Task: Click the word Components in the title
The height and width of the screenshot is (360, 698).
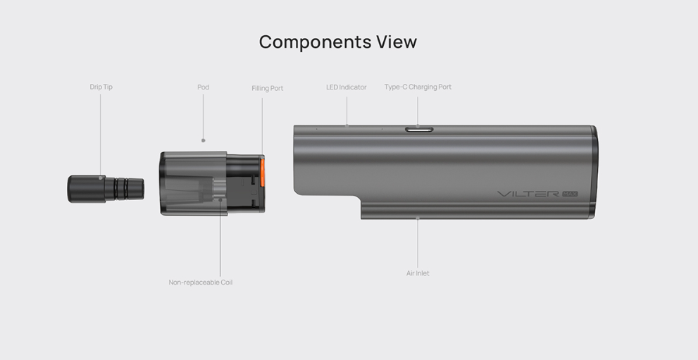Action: click(315, 42)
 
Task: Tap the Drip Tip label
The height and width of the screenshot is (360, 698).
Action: click(101, 87)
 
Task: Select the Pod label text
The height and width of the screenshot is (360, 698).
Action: click(203, 87)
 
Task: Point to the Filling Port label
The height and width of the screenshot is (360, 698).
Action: click(267, 88)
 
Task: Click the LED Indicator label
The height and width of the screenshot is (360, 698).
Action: click(347, 87)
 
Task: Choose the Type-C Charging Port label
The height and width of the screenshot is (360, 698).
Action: click(418, 87)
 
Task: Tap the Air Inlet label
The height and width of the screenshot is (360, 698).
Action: click(418, 273)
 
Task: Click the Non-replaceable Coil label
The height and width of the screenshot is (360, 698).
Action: click(200, 282)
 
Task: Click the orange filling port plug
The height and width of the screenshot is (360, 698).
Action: click(262, 171)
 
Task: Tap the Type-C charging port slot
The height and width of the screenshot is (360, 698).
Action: click(419, 130)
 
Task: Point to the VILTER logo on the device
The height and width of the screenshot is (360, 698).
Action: click(528, 194)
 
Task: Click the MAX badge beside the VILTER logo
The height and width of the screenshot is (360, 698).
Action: click(570, 194)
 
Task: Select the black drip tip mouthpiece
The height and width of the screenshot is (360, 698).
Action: click(106, 189)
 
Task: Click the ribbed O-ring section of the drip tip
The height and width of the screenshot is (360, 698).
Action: click(121, 189)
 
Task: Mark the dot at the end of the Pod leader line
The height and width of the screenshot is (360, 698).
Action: click(204, 140)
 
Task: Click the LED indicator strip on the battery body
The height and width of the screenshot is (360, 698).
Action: click(349, 129)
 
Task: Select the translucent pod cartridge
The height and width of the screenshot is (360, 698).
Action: click(212, 183)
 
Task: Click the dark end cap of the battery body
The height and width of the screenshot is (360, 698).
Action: click(594, 172)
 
